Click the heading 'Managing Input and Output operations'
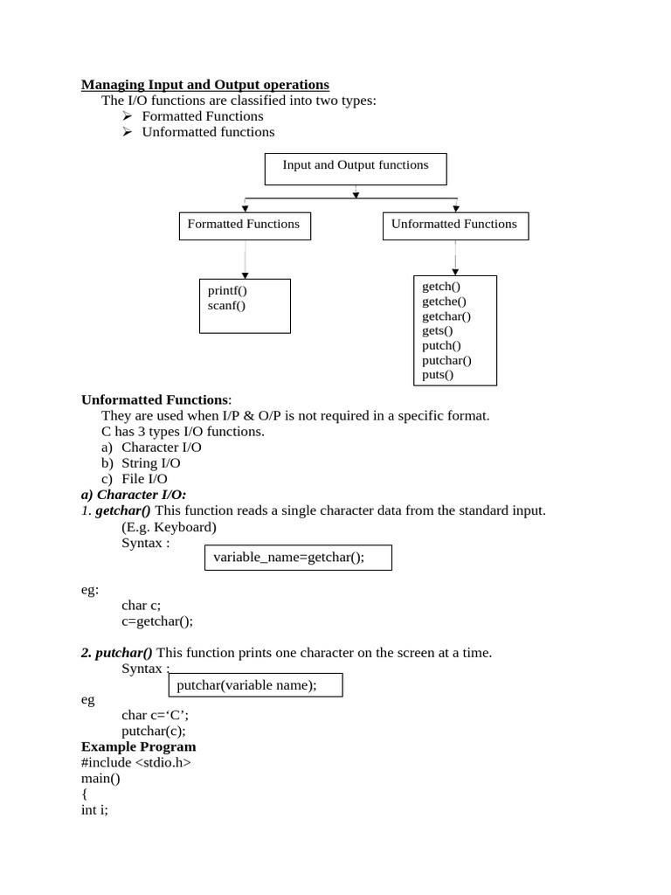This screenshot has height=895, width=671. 205,85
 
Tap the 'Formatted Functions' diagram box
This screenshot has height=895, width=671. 244,225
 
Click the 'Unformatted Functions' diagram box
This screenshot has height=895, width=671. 454,225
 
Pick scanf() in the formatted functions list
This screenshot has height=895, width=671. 226,306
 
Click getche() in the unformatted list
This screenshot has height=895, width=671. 444,302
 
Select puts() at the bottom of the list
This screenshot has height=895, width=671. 438,375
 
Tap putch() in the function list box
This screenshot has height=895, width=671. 441,345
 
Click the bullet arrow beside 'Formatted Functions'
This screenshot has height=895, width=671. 127,116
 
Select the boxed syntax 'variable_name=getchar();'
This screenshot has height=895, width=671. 298,558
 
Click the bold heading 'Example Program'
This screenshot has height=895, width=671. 139,746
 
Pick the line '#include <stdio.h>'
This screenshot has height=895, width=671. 135,762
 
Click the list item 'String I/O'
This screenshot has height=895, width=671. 151,463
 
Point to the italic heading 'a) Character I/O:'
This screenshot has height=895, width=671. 134,495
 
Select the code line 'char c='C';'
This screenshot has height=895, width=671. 155,715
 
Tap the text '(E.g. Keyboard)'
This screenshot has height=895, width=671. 169,527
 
